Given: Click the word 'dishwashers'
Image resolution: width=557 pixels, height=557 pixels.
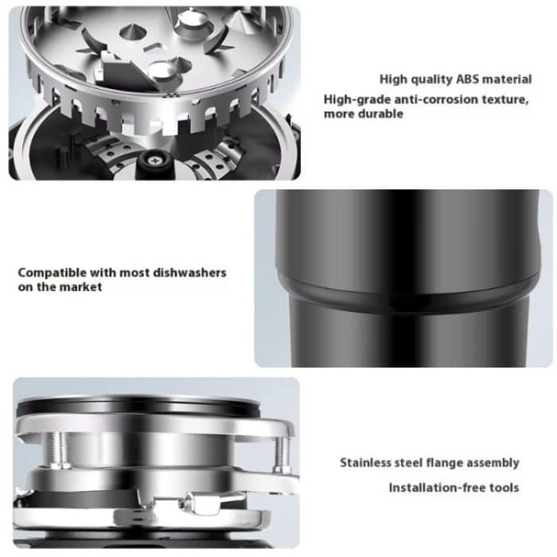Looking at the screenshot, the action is point(189,273).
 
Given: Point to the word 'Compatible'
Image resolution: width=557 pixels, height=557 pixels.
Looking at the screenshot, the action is point(53,273).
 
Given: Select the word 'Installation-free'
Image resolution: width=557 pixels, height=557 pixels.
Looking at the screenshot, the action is point(438,488).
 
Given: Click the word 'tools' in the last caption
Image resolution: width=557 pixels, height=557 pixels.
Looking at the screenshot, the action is point(504,488).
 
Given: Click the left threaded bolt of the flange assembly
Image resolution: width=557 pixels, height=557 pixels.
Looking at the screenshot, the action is point(59,449).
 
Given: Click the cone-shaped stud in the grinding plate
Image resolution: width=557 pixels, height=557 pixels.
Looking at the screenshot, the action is point(133,33).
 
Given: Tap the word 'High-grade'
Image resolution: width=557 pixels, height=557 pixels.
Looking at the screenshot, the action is point(357,99).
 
